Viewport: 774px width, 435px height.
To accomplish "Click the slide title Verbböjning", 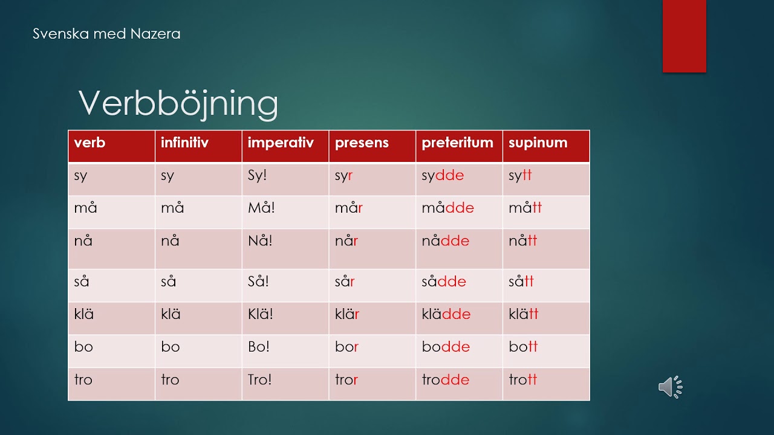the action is click(x=178, y=104).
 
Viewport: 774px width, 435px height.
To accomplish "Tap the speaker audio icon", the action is click(x=671, y=387).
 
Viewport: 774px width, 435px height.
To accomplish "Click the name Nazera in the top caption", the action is click(x=155, y=34).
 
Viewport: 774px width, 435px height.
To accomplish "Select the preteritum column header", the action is click(x=458, y=143).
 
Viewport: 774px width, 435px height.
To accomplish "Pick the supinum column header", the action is click(x=538, y=143).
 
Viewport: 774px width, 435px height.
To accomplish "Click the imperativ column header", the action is click(x=281, y=143).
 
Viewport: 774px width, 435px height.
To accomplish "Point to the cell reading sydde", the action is click(x=443, y=175).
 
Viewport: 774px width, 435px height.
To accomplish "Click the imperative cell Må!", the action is click(x=261, y=208).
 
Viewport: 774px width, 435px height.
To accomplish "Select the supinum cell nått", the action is click(x=523, y=240).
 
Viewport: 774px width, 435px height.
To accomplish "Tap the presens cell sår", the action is click(x=345, y=282).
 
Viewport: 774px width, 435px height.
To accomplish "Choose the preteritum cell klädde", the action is click(x=446, y=314).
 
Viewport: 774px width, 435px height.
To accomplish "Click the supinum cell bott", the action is click(x=523, y=347).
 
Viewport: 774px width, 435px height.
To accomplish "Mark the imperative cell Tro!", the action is click(x=259, y=380).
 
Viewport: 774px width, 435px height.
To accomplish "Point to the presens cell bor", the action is click(x=346, y=347).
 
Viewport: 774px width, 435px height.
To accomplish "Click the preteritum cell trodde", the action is click(x=446, y=380).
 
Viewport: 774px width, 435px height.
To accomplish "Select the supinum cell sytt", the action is click(x=520, y=175).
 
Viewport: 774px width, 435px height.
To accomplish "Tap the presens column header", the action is click(x=362, y=143).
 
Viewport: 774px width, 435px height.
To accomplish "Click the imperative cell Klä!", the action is click(x=260, y=314).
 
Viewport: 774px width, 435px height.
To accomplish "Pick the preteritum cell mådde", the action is click(x=448, y=208).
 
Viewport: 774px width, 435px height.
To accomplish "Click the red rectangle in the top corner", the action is click(x=684, y=36).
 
